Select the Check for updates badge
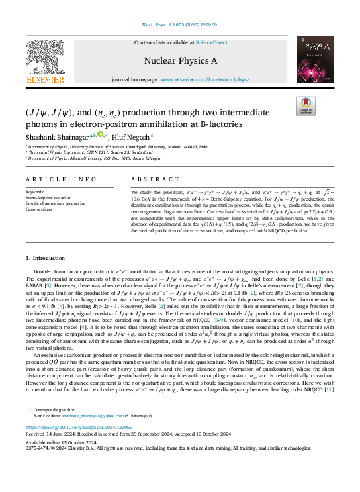click(x=306, y=107)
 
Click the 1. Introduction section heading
click(x=46, y=258)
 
